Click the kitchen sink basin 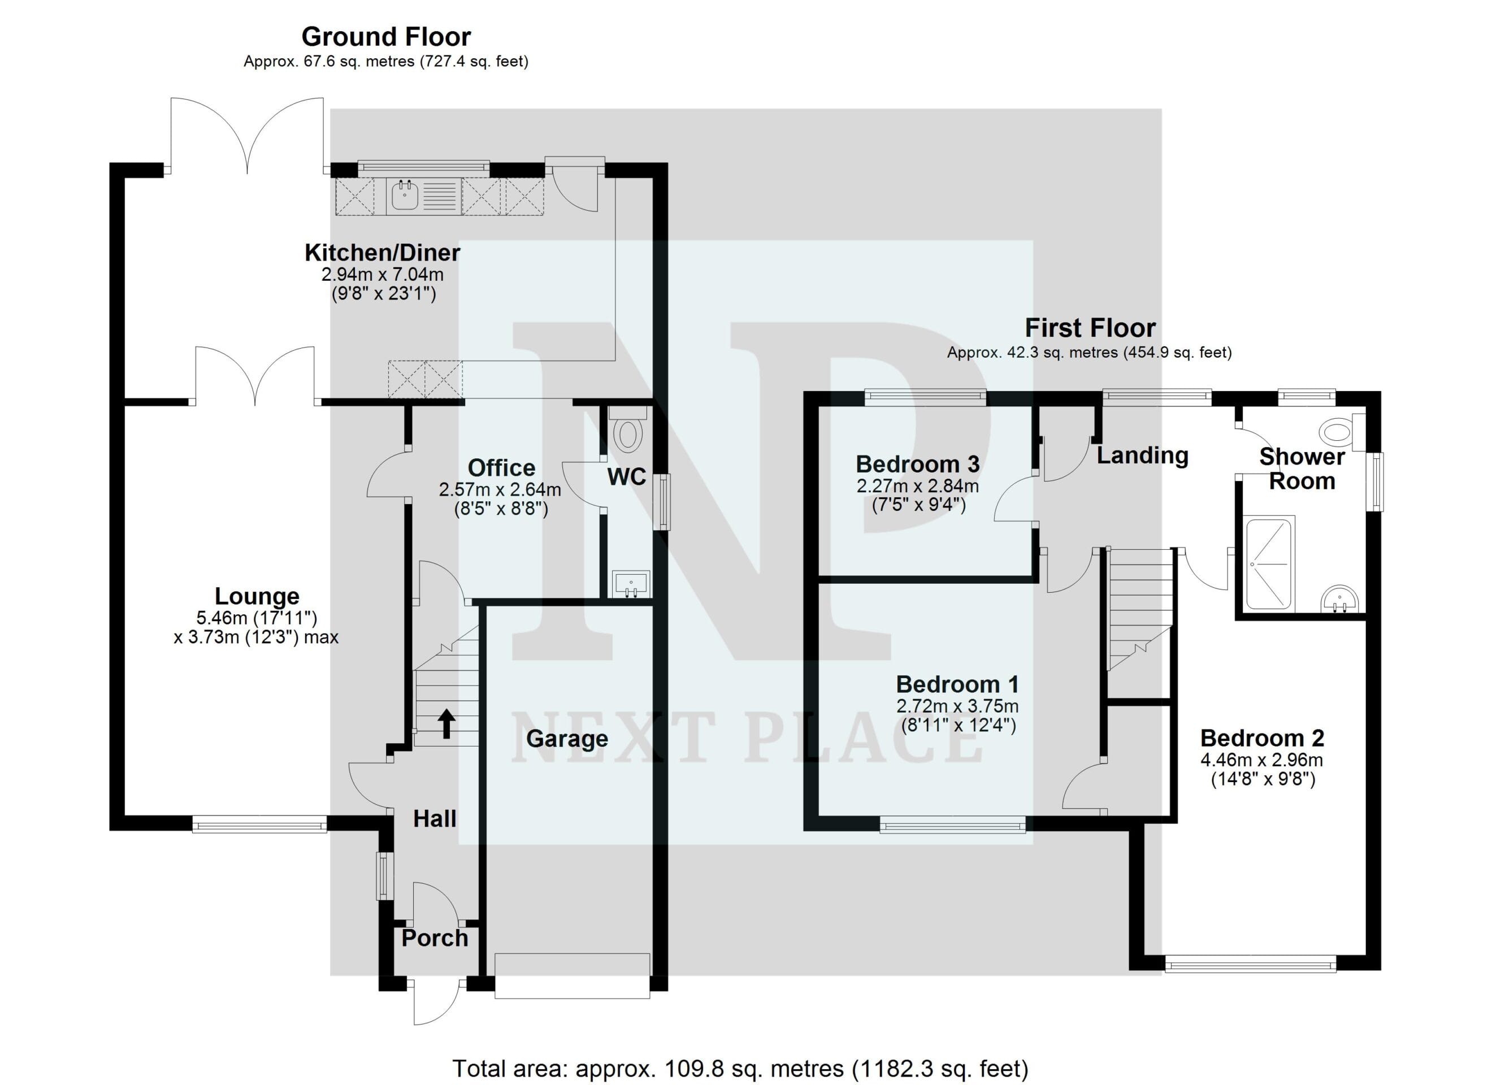pos(405,196)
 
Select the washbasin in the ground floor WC pos(631,584)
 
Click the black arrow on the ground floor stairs pos(446,723)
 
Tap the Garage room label pos(567,739)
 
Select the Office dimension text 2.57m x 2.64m pos(500,489)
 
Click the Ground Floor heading pos(386,36)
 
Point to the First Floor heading pos(1090,328)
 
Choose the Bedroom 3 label pos(918,465)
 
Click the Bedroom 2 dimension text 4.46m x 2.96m pos(1262,760)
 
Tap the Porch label pos(435,938)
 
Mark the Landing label pos(1143,455)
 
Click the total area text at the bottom pos(740,1069)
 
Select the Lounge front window pos(259,824)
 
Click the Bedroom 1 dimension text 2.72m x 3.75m pos(957,706)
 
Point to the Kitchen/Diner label pos(382,253)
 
